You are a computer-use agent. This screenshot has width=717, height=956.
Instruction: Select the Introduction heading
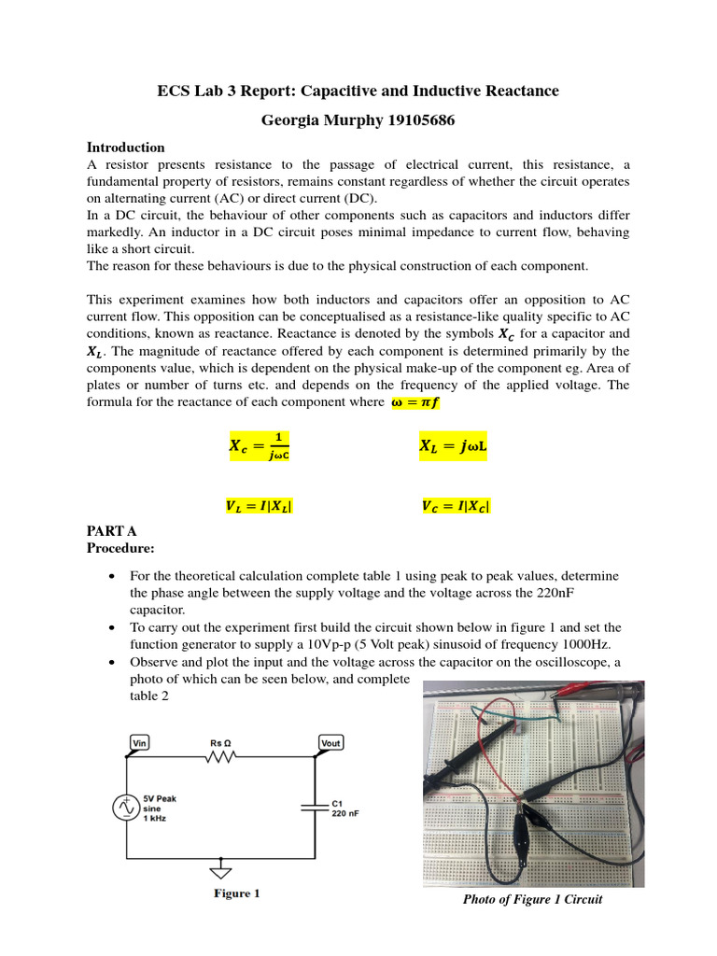(x=126, y=148)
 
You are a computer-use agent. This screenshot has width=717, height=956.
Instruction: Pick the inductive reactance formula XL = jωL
(x=455, y=447)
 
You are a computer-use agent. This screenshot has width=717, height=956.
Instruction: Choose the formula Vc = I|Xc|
(x=456, y=507)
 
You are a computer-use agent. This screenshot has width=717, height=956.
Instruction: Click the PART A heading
(x=112, y=530)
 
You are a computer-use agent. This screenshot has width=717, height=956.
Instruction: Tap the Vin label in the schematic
(x=140, y=742)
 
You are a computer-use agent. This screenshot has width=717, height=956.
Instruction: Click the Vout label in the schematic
(x=330, y=742)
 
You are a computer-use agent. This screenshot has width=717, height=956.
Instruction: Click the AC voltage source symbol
(x=127, y=808)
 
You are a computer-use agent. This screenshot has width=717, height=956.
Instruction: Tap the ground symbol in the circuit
(x=221, y=870)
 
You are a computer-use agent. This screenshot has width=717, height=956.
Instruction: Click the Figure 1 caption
(x=236, y=893)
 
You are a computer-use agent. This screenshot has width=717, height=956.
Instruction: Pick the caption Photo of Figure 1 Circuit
(x=533, y=899)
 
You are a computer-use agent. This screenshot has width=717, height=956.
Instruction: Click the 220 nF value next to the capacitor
(x=345, y=813)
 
